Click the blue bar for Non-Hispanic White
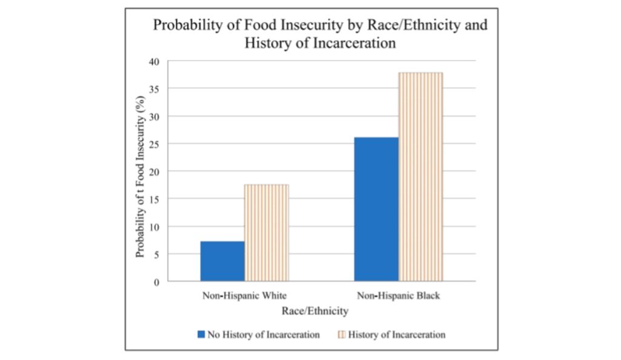[222, 261]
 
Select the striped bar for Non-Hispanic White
[266, 233]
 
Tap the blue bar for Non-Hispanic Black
[376, 209]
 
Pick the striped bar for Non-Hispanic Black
[420, 176]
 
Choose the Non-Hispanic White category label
[244, 297]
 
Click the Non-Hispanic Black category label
[398, 297]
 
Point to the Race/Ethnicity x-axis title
[315, 311]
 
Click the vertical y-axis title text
[141, 172]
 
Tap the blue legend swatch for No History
[201, 335]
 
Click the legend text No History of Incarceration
[263, 335]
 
